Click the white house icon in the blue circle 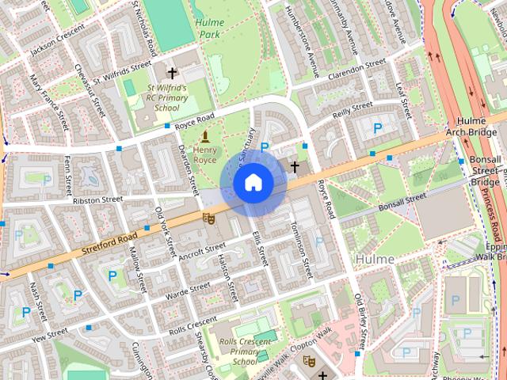(253, 182)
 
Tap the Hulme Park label (210, 28)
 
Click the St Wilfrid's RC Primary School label (167, 97)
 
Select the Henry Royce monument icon (205, 137)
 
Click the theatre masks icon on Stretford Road (209, 218)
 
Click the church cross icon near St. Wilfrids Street (172, 72)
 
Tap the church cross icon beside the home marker (295, 166)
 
